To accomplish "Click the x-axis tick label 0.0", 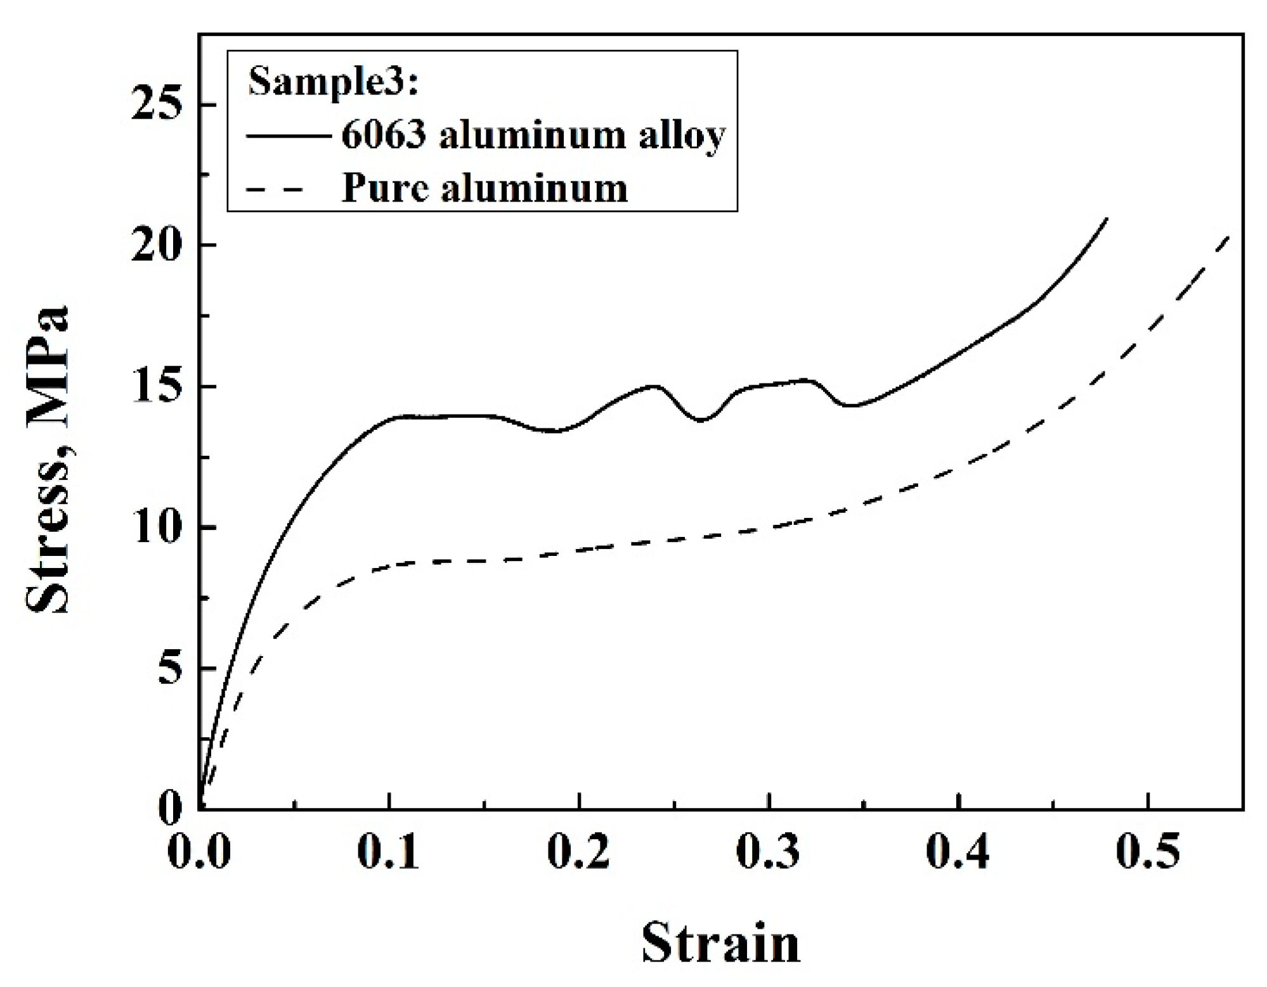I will point(198,852).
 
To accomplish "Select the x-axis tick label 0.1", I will point(388,852).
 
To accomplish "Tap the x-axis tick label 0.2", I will point(578,852).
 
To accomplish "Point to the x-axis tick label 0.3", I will point(768,852).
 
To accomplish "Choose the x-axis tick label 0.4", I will point(958,852).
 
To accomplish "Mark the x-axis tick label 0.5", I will point(1147,852).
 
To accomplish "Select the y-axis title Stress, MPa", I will point(48,460).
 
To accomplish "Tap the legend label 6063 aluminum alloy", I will point(533,136).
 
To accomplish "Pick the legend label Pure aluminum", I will point(484,188).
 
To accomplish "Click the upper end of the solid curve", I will point(1107,219).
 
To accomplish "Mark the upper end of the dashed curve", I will point(1229,236).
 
